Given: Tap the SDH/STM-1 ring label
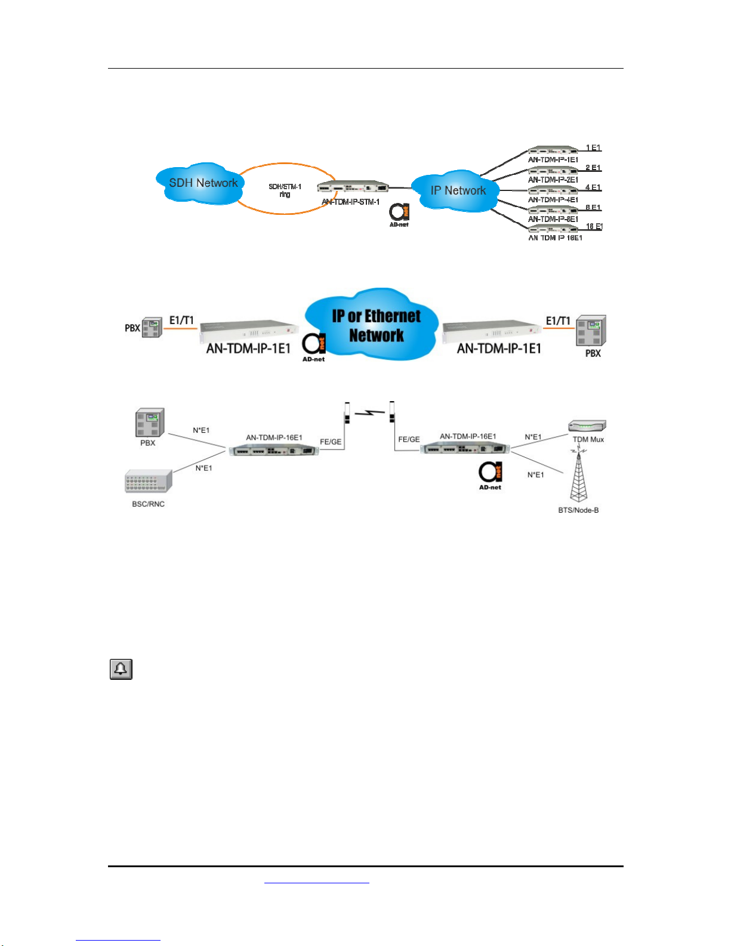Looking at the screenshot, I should pyautogui.click(x=285, y=190).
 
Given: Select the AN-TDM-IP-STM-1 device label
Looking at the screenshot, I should pyautogui.click(x=351, y=202).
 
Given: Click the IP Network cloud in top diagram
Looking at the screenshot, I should pyautogui.click(x=457, y=190).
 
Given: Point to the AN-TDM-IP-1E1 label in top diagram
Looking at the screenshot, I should pyautogui.click(x=553, y=160).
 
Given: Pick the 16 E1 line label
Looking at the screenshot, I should pyautogui.click(x=594, y=227).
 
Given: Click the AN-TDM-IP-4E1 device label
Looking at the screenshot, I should pyautogui.click(x=553, y=199).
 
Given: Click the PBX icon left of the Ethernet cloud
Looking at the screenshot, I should pyautogui.click(x=152, y=327).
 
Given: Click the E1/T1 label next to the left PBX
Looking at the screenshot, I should pyautogui.click(x=181, y=321).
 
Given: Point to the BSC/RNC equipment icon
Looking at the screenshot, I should pyautogui.click(x=149, y=482).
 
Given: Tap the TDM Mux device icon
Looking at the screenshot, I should pyautogui.click(x=588, y=426).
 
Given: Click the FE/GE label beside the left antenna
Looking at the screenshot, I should pyautogui.click(x=331, y=442).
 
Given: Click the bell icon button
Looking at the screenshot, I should pyautogui.click(x=121, y=669).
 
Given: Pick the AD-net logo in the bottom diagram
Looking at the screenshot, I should pyautogui.click(x=491, y=474).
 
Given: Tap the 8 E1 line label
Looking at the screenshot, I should pyautogui.click(x=593, y=208).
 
